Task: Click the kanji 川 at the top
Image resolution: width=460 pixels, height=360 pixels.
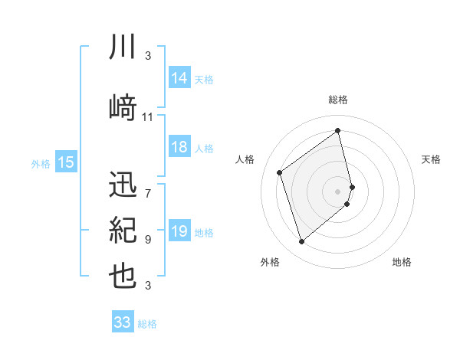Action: point(123,47)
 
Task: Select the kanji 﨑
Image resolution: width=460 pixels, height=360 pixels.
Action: point(123,108)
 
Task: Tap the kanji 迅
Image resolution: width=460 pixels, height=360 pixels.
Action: point(123,186)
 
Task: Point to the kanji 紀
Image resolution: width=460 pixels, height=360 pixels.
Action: point(123,231)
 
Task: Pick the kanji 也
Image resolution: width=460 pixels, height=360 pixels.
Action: point(123,277)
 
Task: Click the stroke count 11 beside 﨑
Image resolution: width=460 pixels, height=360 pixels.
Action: point(148,117)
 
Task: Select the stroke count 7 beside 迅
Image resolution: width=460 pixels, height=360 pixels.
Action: point(148,186)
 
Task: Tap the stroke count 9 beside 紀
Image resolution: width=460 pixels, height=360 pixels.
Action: point(148,239)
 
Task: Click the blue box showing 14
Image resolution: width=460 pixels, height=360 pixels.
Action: point(179,77)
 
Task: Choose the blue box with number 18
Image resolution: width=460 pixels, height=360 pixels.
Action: point(179,147)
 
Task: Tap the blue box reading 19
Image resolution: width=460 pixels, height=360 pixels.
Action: point(179,231)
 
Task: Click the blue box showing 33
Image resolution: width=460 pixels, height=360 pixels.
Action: point(122,322)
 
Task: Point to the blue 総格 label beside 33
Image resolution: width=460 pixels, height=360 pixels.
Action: point(148,324)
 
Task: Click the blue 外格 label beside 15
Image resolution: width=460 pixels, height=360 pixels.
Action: point(41,163)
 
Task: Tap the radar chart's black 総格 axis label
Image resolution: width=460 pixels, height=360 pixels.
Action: point(338,100)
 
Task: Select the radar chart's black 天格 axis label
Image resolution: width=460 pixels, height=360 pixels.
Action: point(431,159)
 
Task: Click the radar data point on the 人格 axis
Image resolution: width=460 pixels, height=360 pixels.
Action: point(279,172)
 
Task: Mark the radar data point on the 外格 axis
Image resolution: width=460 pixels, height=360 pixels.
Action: point(301,242)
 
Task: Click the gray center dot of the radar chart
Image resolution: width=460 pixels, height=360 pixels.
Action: point(338,191)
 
